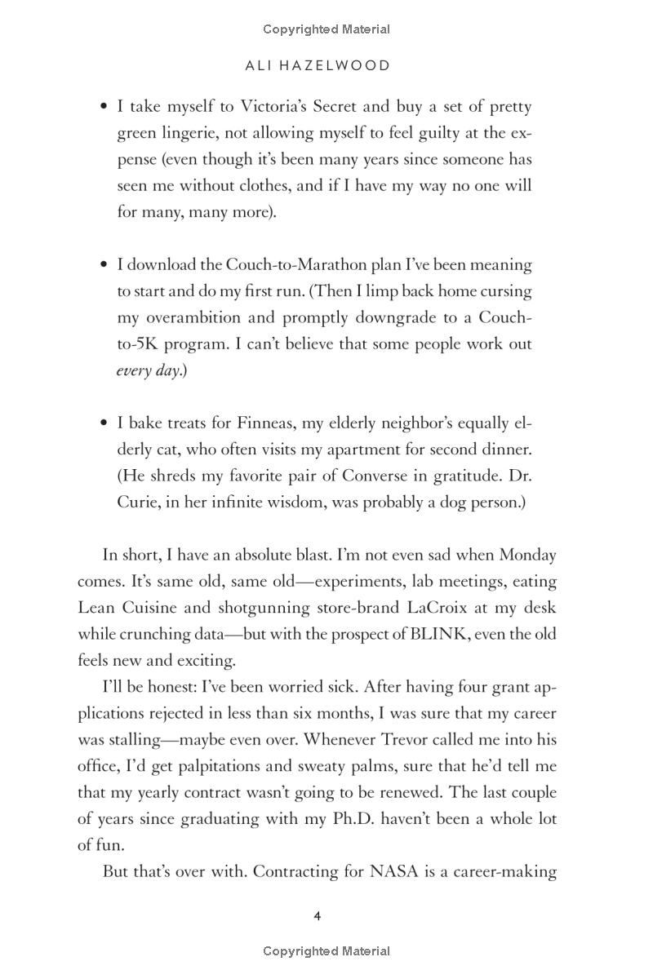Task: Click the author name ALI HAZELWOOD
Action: [x=318, y=66]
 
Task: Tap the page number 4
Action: [x=318, y=916]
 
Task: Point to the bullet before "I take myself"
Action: [x=104, y=107]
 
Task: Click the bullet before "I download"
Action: [x=104, y=265]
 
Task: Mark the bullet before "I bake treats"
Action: [x=104, y=423]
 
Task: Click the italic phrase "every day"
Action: [x=147, y=370]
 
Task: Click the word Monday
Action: [x=527, y=555]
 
